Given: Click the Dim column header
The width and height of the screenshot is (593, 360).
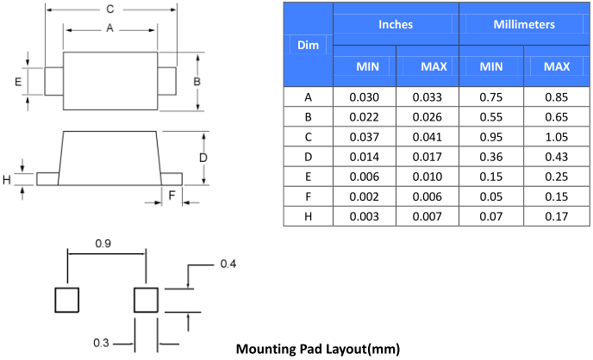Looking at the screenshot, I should (x=308, y=44).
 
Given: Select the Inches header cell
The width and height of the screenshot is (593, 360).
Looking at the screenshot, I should (x=396, y=24).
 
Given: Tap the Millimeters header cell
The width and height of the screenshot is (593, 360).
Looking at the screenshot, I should (x=524, y=24).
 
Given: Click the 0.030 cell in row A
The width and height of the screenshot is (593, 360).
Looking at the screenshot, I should (x=365, y=96).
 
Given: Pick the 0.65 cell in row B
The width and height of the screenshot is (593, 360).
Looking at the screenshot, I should (x=557, y=116).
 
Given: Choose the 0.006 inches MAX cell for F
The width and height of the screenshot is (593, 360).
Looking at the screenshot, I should (x=428, y=196).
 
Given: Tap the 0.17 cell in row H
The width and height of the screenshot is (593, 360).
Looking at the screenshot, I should (x=557, y=215).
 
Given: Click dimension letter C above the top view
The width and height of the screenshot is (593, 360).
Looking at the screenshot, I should (x=109, y=9).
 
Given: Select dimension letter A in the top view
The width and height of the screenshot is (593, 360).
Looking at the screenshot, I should (x=109, y=28).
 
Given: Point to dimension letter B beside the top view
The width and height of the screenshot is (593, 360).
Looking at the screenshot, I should (x=197, y=81).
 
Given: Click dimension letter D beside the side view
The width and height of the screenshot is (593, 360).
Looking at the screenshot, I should (x=203, y=158).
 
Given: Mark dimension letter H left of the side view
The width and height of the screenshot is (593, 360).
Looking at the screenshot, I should (x=7, y=179).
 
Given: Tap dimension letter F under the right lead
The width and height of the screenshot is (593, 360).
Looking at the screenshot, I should (x=172, y=196).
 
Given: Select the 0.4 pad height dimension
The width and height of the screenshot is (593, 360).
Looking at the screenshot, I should (x=228, y=263).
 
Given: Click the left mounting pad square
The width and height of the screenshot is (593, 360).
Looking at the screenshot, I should (x=67, y=301).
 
